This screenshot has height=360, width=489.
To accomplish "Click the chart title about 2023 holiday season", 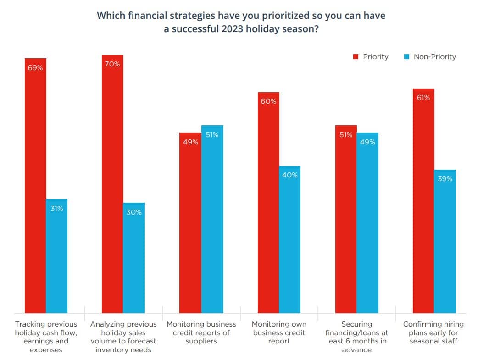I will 241,22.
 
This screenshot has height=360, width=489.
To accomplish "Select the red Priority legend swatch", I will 355,57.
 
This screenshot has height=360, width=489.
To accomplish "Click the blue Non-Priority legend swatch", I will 406,57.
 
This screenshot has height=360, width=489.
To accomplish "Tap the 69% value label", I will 35,68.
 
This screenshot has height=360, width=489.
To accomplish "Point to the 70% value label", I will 112,64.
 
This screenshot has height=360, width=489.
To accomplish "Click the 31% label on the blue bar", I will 57,209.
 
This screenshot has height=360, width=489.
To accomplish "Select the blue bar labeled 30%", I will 134,257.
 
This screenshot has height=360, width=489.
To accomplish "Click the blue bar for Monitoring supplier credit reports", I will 212,220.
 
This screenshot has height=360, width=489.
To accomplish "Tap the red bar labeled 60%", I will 268,202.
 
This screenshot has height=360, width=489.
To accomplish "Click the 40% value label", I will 290,175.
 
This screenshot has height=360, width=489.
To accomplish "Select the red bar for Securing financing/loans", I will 346,220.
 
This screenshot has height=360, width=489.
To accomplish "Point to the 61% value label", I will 423,98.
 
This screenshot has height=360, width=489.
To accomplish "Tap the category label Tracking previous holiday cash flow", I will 46,337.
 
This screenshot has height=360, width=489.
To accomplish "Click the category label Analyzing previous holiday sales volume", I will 123,337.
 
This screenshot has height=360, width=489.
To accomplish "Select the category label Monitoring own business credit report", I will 279,332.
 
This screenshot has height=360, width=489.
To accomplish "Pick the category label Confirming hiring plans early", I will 433,332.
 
